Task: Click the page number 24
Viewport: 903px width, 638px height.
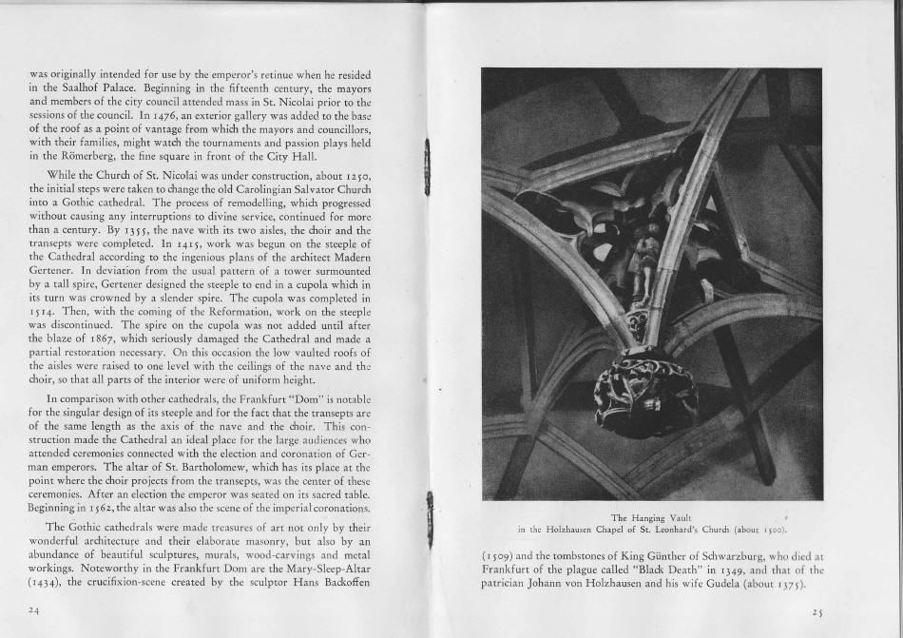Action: click(34, 610)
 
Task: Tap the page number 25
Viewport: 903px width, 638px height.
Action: click(817, 610)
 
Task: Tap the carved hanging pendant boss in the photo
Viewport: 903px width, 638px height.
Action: click(646, 390)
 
